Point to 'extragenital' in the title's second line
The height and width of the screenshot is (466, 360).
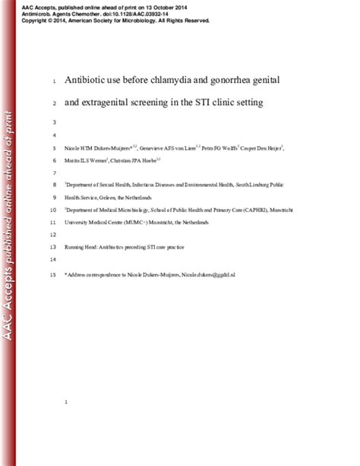pos(115,103)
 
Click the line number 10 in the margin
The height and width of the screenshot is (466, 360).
pos(52,210)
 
